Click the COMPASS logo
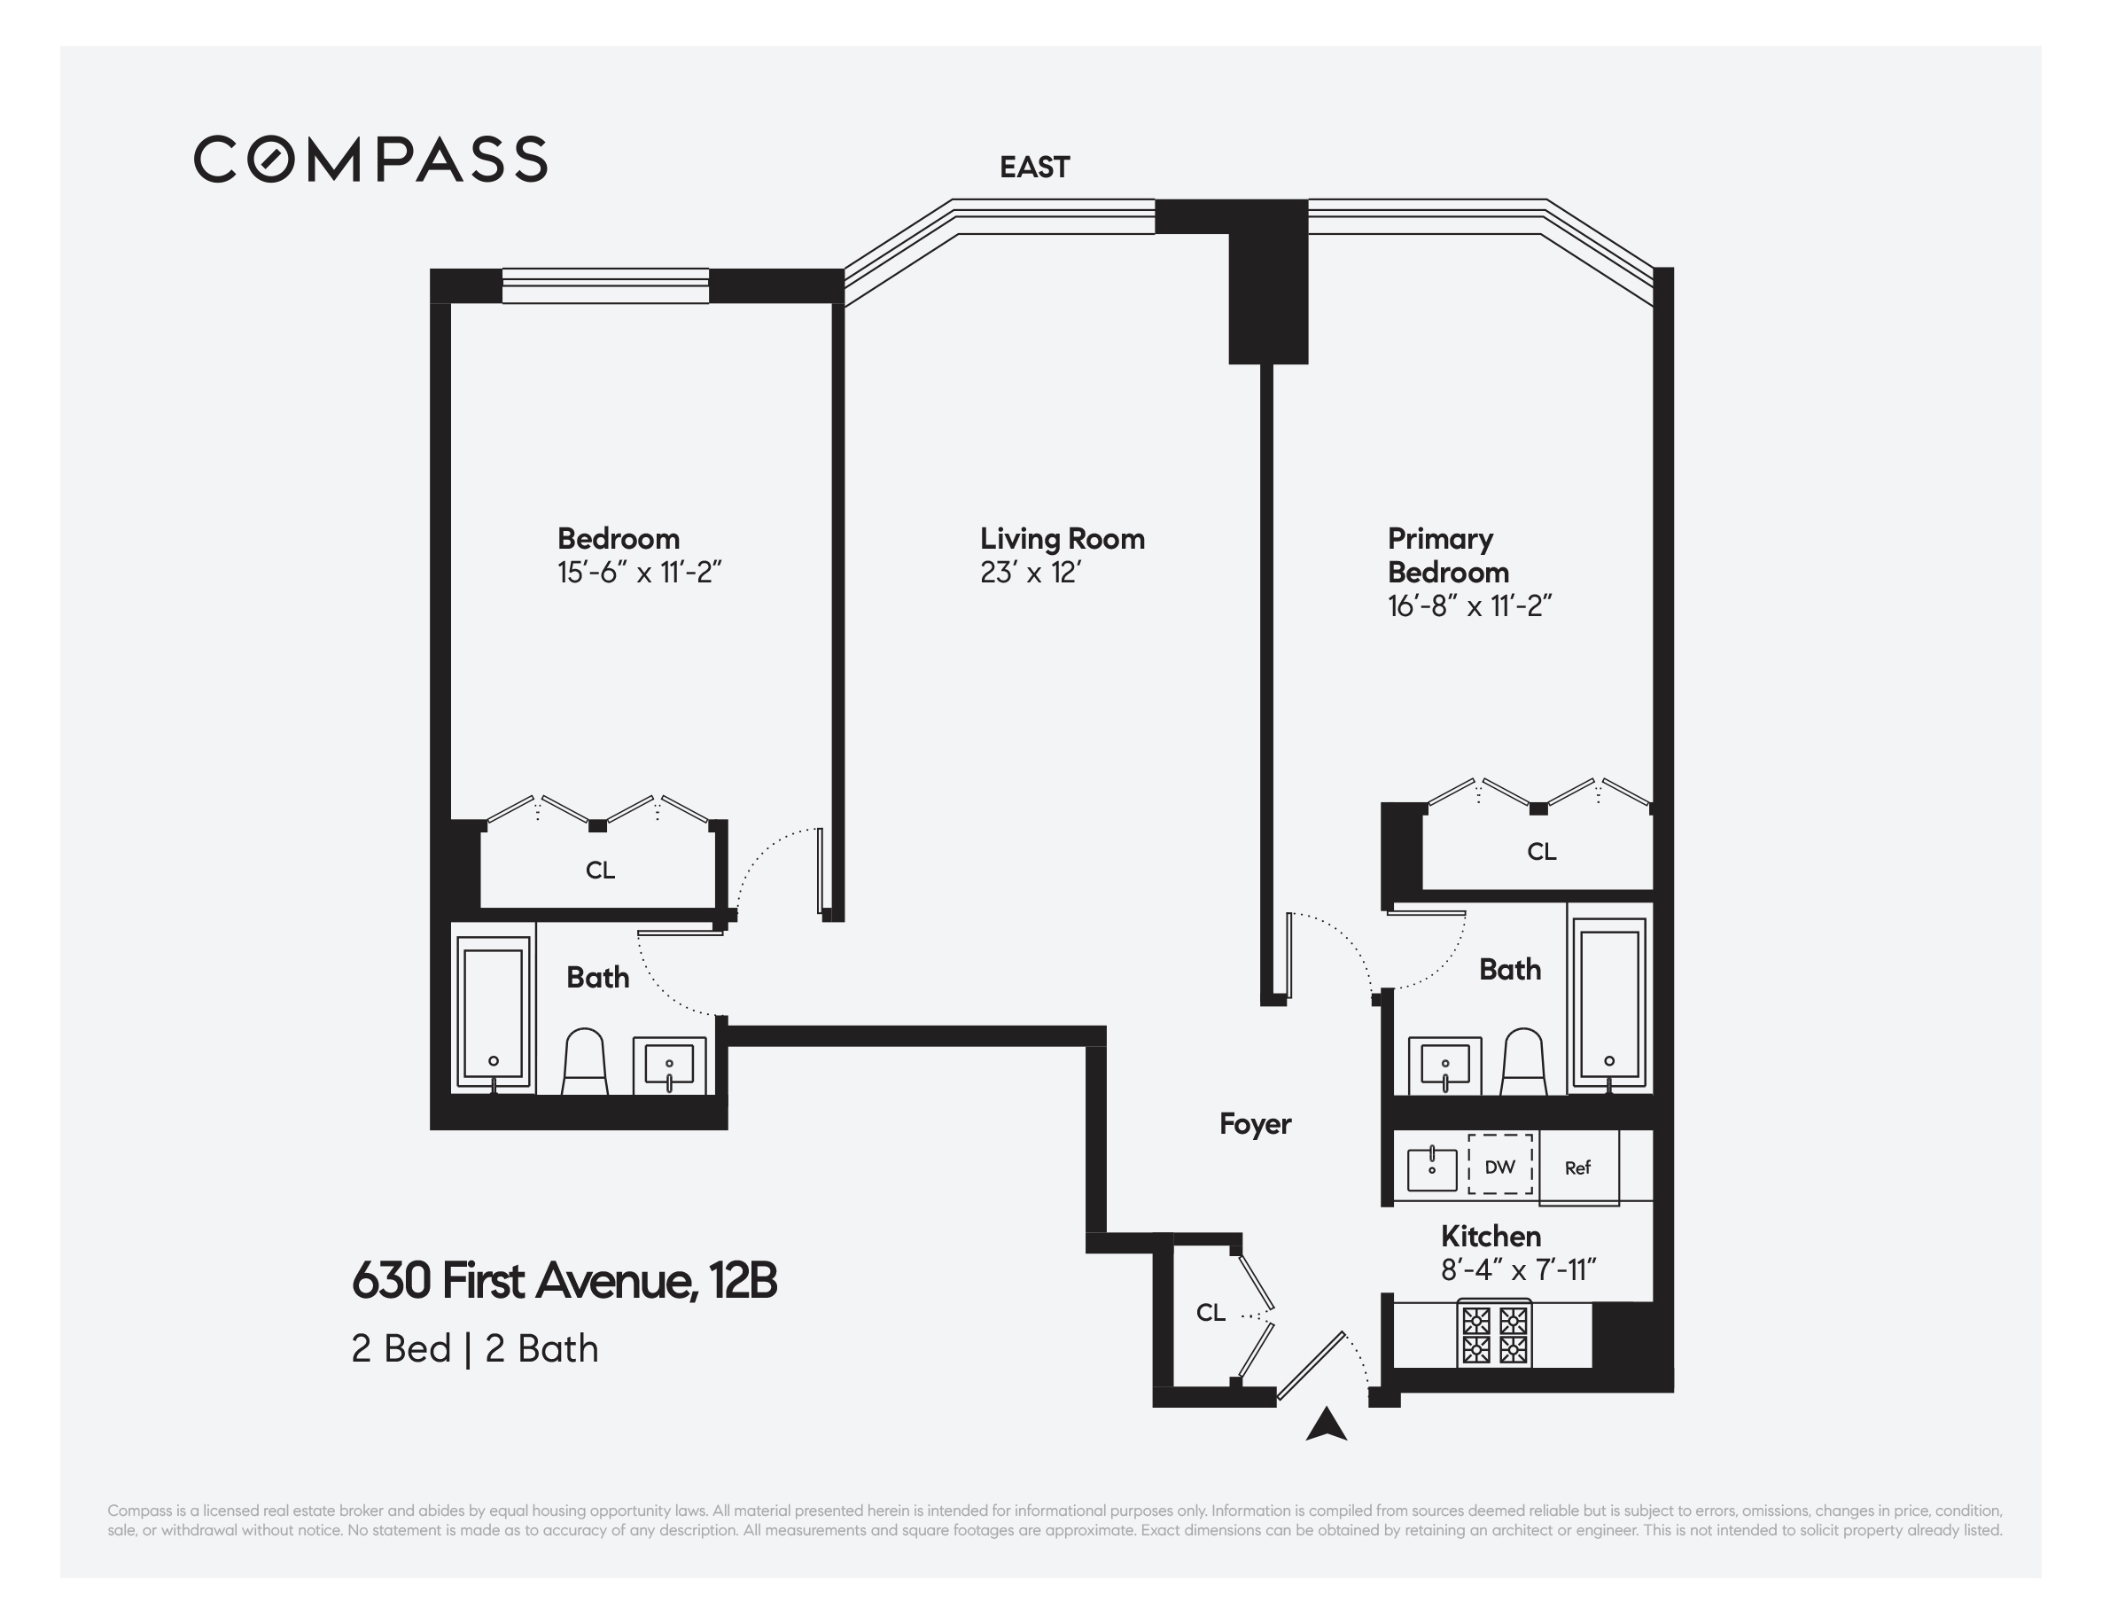click(370, 159)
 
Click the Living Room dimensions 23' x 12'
click(1030, 573)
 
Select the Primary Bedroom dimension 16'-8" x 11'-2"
click(1468, 606)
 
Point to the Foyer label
click(1254, 1123)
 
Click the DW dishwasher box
click(1499, 1167)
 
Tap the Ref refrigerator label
click(1577, 1167)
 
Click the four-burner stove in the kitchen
click(1494, 1333)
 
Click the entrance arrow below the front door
click(1326, 1425)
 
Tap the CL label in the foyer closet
click(1210, 1312)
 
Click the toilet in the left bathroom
click(584, 1062)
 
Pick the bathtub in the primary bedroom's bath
click(1609, 1004)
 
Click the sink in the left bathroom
click(669, 1066)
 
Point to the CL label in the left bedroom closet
click(600, 871)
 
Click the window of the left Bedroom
click(605, 286)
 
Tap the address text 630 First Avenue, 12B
click(564, 1280)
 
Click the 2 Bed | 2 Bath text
click(474, 1348)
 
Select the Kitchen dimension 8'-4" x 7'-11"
click(1518, 1270)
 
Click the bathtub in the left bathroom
click(493, 1012)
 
